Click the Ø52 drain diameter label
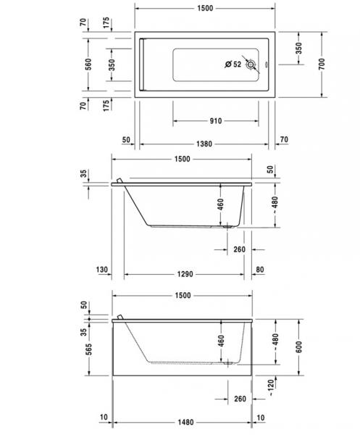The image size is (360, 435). (233, 65)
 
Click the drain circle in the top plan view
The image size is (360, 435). (251, 65)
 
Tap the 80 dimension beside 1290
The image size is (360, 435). (260, 270)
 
